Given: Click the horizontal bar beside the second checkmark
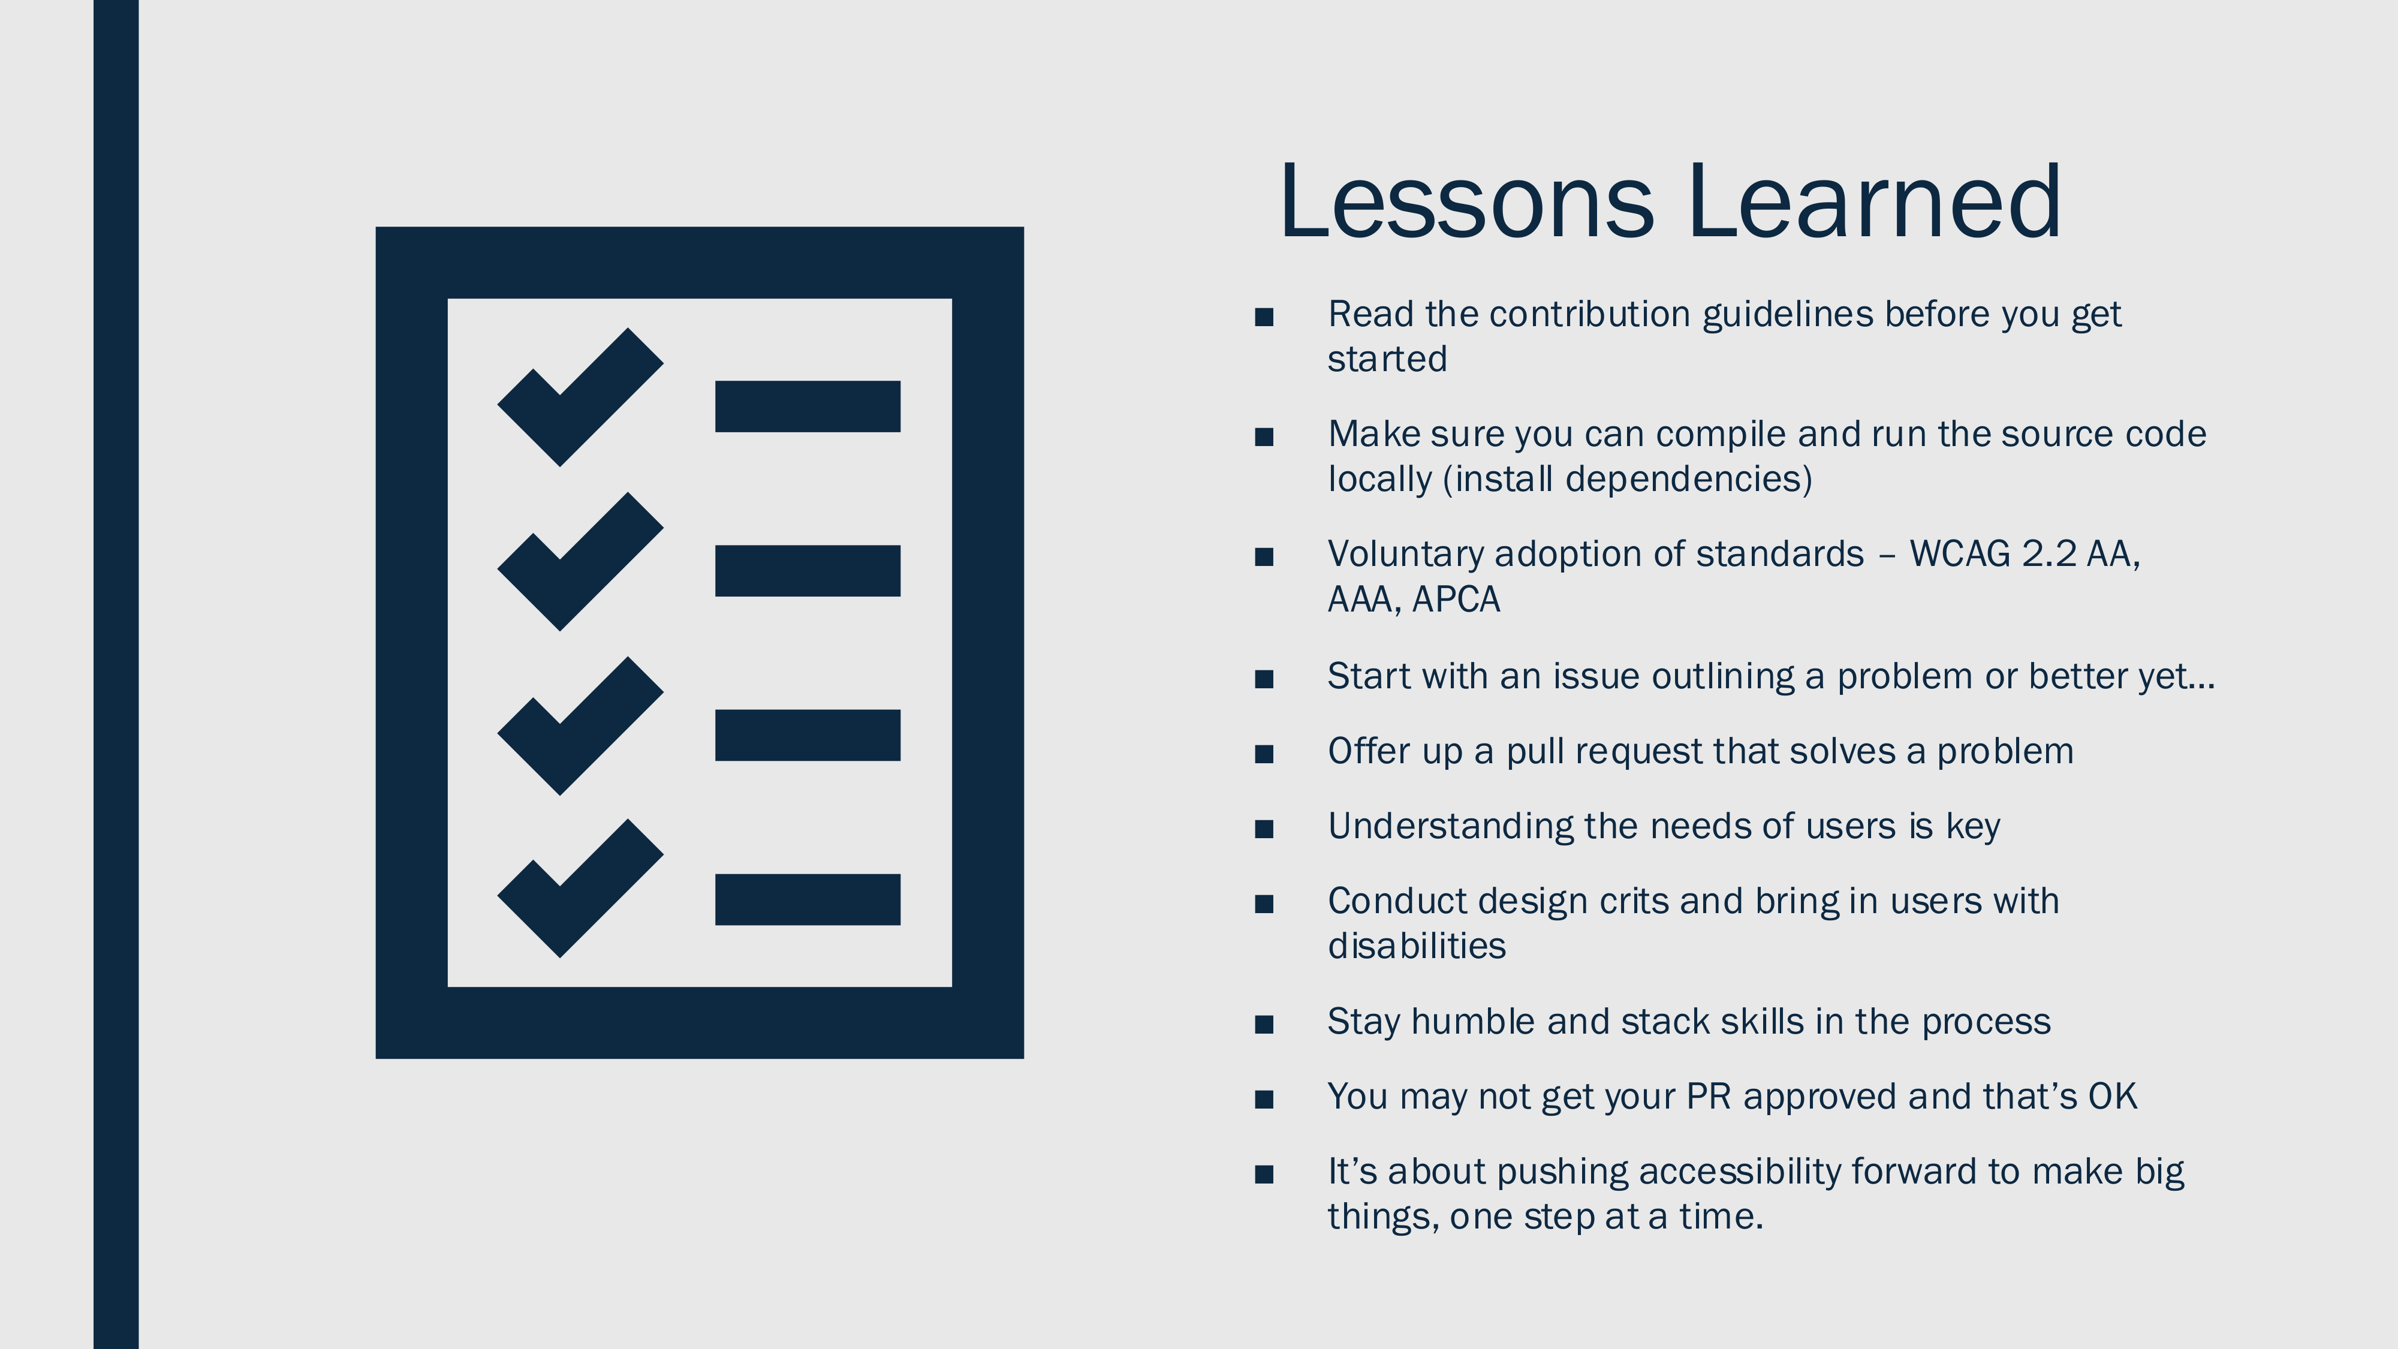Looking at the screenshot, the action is pos(807,571).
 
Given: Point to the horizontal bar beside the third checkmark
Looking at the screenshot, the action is pos(807,736).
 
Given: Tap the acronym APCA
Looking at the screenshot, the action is pos(1456,600).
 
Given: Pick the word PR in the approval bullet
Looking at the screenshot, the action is pos(1708,1097).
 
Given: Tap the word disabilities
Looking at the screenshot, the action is pos(1417,946).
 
